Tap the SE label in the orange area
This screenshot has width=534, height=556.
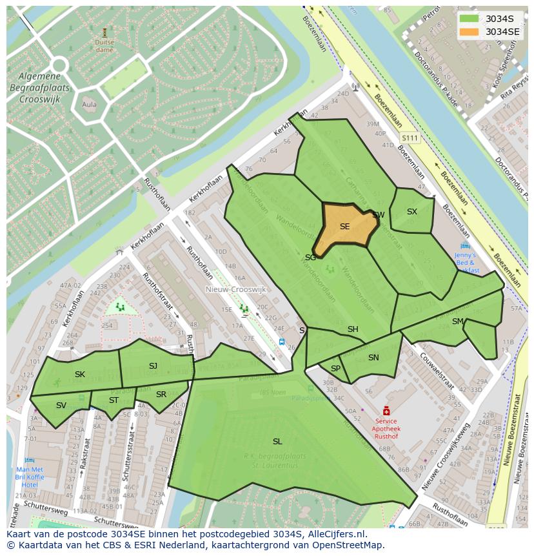(344, 227)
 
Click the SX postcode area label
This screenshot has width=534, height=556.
(411, 212)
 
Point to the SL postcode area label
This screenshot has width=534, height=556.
(277, 442)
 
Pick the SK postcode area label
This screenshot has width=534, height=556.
(80, 375)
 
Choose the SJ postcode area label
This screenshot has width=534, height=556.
(153, 366)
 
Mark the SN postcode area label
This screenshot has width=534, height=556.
(373, 358)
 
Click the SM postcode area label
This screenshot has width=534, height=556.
(457, 322)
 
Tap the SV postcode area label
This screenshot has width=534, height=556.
(61, 406)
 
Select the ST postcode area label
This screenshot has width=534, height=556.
(114, 400)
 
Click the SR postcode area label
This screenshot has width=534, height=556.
(161, 395)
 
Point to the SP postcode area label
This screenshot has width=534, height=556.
(335, 369)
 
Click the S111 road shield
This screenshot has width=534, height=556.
(410, 138)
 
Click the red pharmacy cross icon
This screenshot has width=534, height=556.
(386, 411)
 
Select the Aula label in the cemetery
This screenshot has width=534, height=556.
(89, 105)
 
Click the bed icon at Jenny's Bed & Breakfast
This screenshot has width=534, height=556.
(465, 246)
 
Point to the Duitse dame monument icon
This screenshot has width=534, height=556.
(104, 32)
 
